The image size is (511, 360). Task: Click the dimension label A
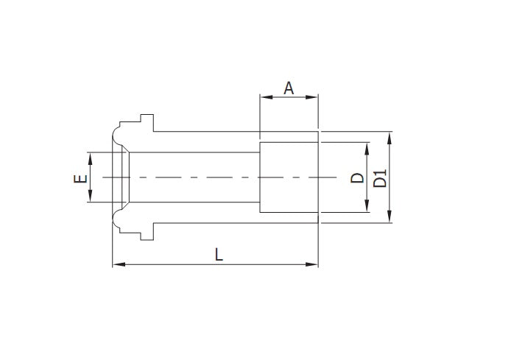click(x=289, y=88)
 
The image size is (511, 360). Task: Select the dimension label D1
click(x=380, y=177)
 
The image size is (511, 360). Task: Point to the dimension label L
click(x=219, y=255)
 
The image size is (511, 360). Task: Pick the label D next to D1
click(x=356, y=177)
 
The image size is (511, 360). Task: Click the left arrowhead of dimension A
click(x=264, y=96)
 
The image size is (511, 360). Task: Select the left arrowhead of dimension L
click(x=116, y=264)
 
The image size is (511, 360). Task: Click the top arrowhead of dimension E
click(x=89, y=156)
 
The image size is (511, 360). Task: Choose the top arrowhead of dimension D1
click(x=390, y=136)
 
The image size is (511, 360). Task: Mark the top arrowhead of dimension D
click(x=366, y=147)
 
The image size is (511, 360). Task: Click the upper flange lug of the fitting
click(x=145, y=122)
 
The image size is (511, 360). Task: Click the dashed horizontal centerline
click(x=221, y=177)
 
